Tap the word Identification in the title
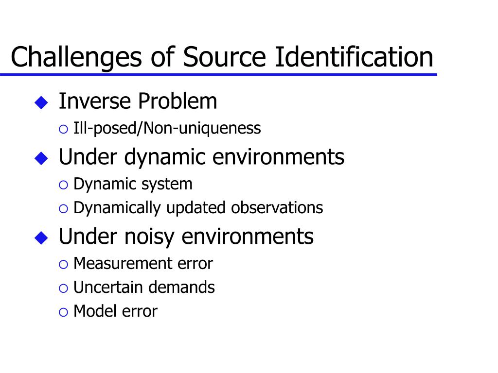pos(354,57)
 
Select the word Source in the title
pos(225,57)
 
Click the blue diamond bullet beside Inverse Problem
pos(42,102)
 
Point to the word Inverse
pos(95,102)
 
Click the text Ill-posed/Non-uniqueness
pos(167,129)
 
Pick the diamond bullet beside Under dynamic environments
pos(42,157)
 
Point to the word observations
pos(277,207)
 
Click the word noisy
pos(153,237)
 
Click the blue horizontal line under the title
pos(218,74)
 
